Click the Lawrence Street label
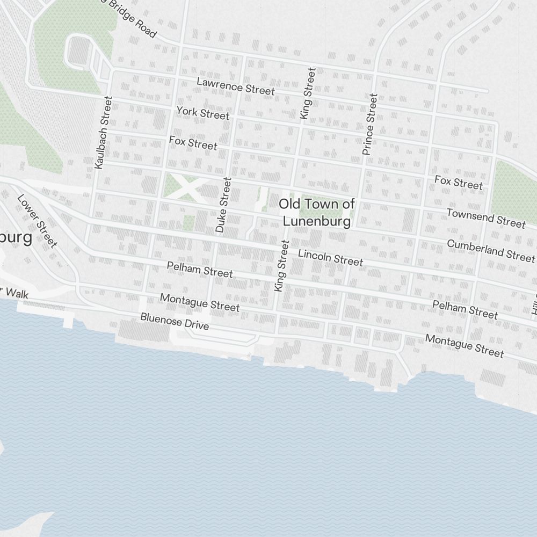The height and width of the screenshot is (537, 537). (x=235, y=86)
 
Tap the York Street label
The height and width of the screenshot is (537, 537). (x=202, y=113)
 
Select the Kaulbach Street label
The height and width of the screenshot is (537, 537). (x=102, y=133)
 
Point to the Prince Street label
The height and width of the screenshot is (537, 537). (x=369, y=125)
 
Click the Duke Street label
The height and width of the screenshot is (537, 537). (x=223, y=205)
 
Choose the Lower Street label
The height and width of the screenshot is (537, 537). (x=37, y=221)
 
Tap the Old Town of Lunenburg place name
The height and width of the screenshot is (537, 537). (x=317, y=212)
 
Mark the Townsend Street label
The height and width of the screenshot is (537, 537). (x=485, y=217)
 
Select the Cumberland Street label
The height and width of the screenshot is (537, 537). (x=491, y=250)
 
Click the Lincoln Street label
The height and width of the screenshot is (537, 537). (x=330, y=257)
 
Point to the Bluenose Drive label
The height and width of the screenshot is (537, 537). (x=175, y=321)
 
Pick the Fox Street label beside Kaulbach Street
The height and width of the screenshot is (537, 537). (x=193, y=143)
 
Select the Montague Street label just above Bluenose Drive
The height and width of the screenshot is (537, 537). (x=200, y=302)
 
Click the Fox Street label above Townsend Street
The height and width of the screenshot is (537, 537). (x=459, y=182)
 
